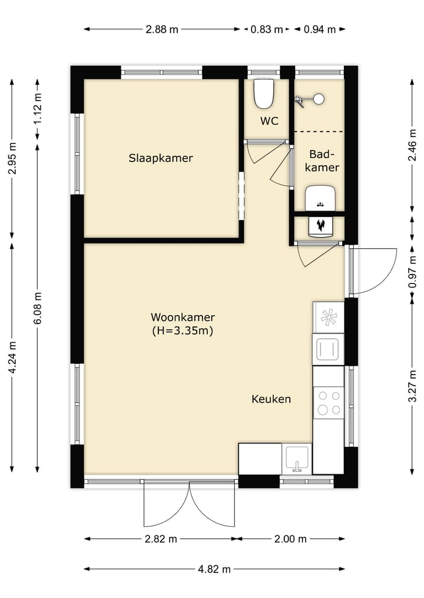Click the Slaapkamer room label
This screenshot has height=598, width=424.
pos(160,158)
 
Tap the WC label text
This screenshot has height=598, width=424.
pos(269,121)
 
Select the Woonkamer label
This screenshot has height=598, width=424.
pos(183,317)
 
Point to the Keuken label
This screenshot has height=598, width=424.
pos(271,399)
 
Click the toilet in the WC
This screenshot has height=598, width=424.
pos(264,93)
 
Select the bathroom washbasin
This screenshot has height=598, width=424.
pos(320,198)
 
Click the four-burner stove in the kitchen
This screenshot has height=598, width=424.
pos(329,403)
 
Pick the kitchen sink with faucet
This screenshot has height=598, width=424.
pos(297,459)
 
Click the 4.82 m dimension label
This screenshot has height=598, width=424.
pos(214,569)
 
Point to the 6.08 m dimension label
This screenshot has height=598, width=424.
pos(38,308)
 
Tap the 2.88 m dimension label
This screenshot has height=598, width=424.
pos(162,29)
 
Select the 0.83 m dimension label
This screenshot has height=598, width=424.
pos(267,29)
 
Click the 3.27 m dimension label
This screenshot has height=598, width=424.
pos(412,386)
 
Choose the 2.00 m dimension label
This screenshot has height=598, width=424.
pos(290,539)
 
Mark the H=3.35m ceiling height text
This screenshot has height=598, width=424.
pos(183,330)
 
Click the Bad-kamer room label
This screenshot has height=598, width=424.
pos(322,161)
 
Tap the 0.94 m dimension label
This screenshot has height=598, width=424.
pos(320,29)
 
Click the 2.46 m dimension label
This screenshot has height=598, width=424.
pos(412,145)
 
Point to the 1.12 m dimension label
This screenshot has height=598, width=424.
pos(38,109)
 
